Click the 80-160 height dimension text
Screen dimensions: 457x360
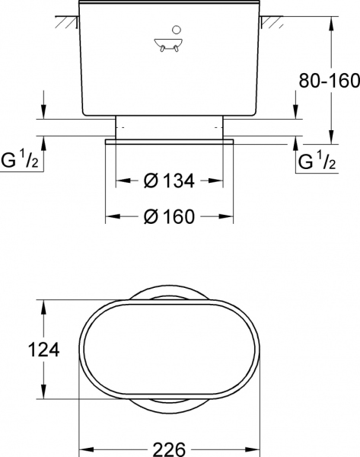coord(329,80)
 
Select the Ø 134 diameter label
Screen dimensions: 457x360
coord(169,181)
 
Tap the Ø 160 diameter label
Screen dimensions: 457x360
coord(169,216)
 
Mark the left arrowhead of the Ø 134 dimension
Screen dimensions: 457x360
coord(120,181)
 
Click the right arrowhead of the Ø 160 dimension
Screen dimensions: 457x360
coord(229,216)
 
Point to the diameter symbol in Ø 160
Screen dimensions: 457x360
coord(151,216)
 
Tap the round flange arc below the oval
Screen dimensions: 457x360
coord(169,407)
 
